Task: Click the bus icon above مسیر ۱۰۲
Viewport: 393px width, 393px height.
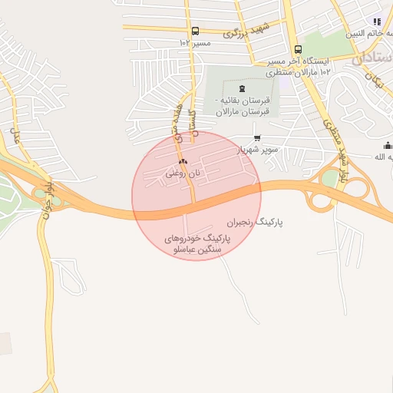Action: click(x=195, y=31)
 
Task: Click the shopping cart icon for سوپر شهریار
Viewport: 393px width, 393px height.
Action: click(x=256, y=138)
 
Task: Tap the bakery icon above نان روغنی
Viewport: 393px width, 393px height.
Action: click(x=183, y=162)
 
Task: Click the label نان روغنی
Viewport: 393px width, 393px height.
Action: click(x=183, y=173)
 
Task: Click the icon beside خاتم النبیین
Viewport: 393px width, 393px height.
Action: click(x=376, y=22)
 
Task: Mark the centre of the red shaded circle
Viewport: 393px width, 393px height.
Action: click(x=196, y=196)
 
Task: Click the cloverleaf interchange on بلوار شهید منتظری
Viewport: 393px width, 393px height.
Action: click(x=322, y=200)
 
